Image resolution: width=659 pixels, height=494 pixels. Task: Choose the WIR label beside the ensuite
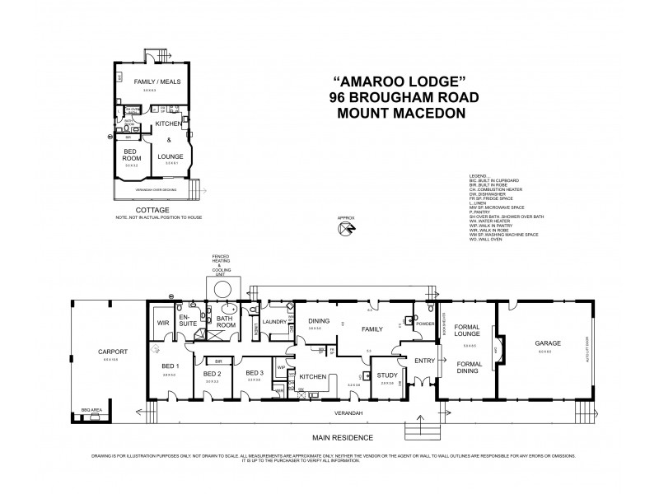(x=162, y=323)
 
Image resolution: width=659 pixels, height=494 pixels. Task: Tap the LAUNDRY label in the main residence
(x=273, y=321)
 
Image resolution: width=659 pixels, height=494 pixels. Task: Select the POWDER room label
(x=424, y=324)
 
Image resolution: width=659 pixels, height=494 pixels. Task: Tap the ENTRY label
(x=424, y=360)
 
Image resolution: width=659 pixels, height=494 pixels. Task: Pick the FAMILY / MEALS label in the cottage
(x=149, y=82)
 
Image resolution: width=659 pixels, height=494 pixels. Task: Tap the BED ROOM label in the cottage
(x=132, y=155)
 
